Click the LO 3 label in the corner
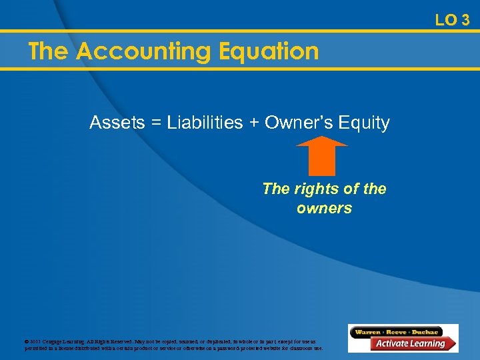coord(452,20)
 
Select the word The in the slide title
coord(49,51)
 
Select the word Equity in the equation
coord(364,123)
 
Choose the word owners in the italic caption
coord(324,208)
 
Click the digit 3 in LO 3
coord(465,20)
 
